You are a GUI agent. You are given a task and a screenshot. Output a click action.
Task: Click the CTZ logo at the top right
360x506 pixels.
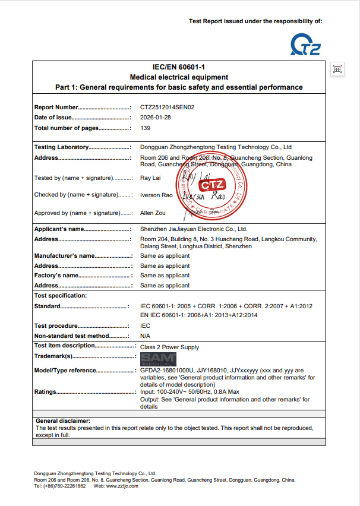coord(305,45)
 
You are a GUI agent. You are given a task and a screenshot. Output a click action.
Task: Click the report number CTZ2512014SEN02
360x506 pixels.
coord(167,107)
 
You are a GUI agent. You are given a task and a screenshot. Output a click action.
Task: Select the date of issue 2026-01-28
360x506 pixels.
coord(155,118)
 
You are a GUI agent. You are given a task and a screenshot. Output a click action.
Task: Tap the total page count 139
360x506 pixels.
coord(146,128)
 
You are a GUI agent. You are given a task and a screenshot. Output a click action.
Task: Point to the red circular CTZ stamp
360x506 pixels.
coord(211,186)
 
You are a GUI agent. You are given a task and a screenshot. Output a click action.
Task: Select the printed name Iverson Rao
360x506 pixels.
coord(156,195)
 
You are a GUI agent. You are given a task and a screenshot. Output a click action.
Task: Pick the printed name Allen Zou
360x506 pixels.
coord(153,213)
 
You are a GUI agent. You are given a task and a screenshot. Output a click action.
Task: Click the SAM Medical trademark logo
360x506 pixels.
coord(158,359)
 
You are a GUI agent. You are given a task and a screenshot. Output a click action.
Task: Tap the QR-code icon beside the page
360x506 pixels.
coord(337,69)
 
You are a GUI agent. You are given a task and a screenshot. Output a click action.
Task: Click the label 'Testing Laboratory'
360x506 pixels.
coord(62,147)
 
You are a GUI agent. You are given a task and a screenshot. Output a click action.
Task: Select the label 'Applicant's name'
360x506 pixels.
coord(59,229)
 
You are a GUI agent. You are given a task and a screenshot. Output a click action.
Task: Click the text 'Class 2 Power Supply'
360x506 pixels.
coord(169,347)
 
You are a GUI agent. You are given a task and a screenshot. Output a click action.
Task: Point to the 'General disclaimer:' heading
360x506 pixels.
coord(63,420)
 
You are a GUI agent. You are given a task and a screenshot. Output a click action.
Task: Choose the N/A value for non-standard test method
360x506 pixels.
coord(145,336)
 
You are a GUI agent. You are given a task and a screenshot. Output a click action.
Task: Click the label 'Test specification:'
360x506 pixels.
coord(61,295)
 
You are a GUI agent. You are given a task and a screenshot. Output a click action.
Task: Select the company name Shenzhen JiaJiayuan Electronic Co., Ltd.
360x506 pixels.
coord(194,229)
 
